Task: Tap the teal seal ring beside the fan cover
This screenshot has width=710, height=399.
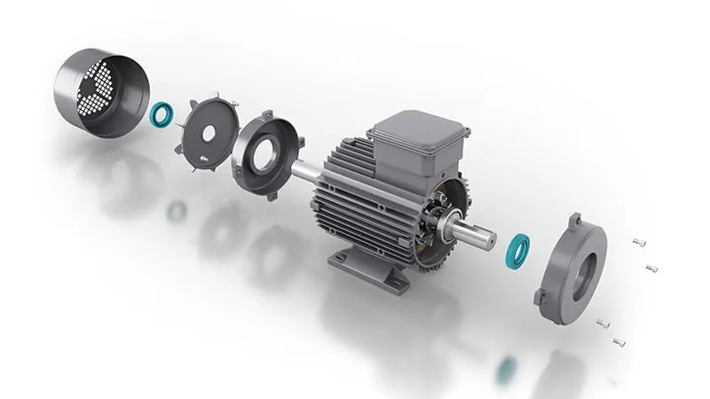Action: (x=162, y=113)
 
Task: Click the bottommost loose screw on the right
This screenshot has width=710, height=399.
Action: (x=619, y=341)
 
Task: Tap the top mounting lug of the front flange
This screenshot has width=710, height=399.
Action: (x=574, y=219)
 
